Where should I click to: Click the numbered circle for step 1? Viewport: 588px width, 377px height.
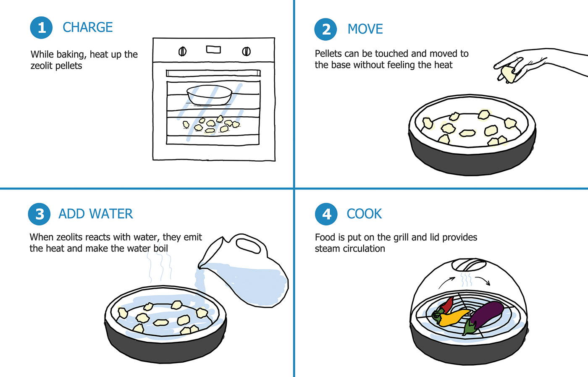point(41,28)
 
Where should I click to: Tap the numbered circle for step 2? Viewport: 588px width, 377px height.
point(325,29)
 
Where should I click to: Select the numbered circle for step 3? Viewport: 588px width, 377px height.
point(39,214)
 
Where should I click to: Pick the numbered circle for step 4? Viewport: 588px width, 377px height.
point(326,214)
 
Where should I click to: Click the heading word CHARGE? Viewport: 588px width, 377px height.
point(88,27)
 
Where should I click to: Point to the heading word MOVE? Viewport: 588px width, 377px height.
point(365,29)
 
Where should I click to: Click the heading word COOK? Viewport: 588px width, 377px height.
point(364,214)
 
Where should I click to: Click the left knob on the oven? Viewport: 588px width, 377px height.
point(182,51)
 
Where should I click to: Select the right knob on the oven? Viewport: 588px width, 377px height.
point(246,51)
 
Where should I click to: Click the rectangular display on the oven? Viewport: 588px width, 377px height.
point(213,50)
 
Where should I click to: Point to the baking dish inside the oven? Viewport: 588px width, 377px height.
point(210,95)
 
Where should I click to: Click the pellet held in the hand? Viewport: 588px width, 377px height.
point(507,74)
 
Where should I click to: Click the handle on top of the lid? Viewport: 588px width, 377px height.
point(469,265)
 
